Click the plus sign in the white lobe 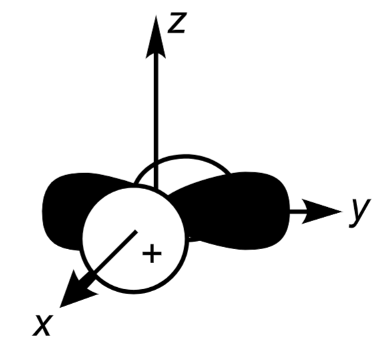point(153,254)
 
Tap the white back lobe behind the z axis point(180,170)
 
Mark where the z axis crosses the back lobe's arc point(156,161)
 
